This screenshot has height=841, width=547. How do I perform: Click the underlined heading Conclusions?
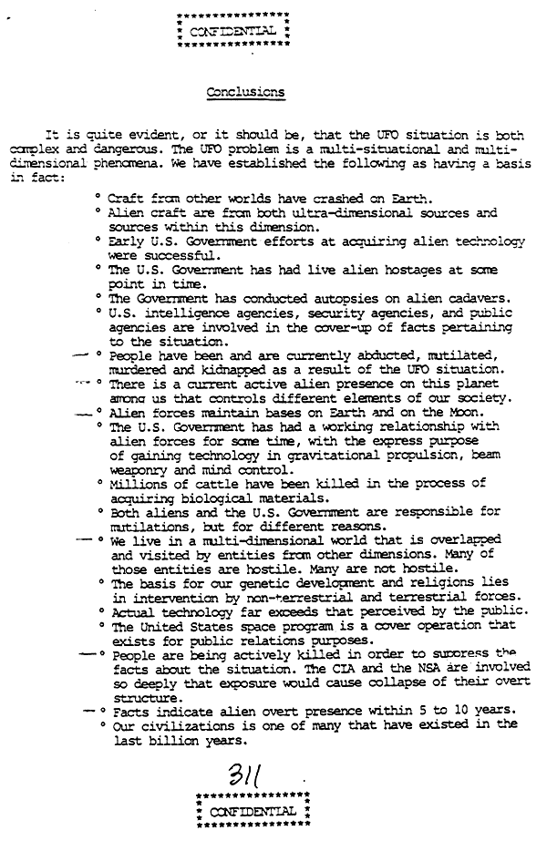pyautogui.click(x=245, y=92)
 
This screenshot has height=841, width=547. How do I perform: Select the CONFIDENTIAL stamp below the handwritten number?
pyautogui.click(x=253, y=811)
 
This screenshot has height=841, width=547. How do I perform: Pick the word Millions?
pyautogui.click(x=139, y=483)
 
